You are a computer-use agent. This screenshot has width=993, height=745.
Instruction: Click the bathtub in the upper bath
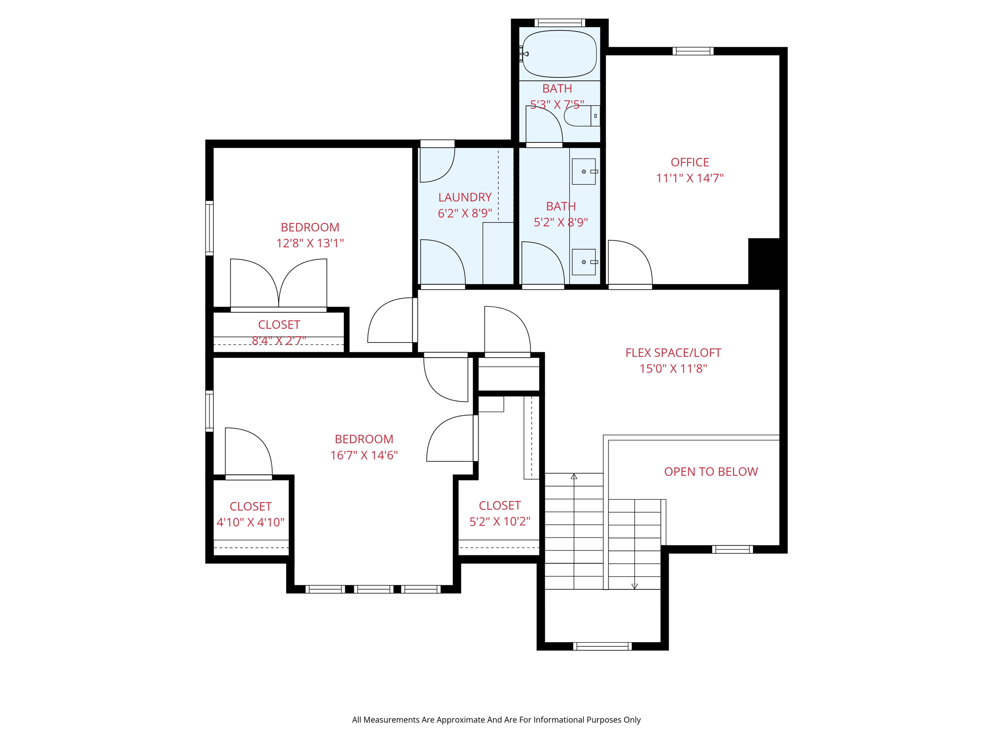(560, 54)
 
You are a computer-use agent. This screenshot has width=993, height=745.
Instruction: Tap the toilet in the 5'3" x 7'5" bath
(579, 116)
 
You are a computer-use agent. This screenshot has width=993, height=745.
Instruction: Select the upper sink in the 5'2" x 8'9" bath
(584, 172)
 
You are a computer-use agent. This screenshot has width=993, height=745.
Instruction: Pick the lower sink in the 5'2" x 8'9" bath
(584, 262)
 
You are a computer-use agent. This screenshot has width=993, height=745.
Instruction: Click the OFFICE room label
(689, 162)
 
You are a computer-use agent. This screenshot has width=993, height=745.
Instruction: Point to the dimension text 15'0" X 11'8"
(673, 369)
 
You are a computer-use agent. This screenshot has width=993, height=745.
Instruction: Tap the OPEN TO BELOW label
(710, 471)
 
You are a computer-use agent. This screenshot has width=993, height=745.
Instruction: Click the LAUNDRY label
(464, 197)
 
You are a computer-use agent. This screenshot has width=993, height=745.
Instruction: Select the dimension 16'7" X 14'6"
(364, 455)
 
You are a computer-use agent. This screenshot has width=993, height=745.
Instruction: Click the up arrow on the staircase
(574, 477)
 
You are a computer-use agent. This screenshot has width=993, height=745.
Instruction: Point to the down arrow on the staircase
(634, 586)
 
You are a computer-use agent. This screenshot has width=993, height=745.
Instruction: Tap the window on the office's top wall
(693, 51)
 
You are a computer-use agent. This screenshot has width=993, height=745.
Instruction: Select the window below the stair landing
(602, 646)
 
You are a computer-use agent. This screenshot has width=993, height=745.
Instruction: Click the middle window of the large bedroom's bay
(373, 589)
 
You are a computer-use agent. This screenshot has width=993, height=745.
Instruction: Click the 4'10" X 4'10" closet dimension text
(250, 522)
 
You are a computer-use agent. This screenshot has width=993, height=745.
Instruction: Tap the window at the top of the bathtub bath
(560, 23)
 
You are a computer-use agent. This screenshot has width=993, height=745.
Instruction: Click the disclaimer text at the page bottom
(496, 720)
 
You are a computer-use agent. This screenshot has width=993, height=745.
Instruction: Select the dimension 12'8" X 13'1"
(310, 243)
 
